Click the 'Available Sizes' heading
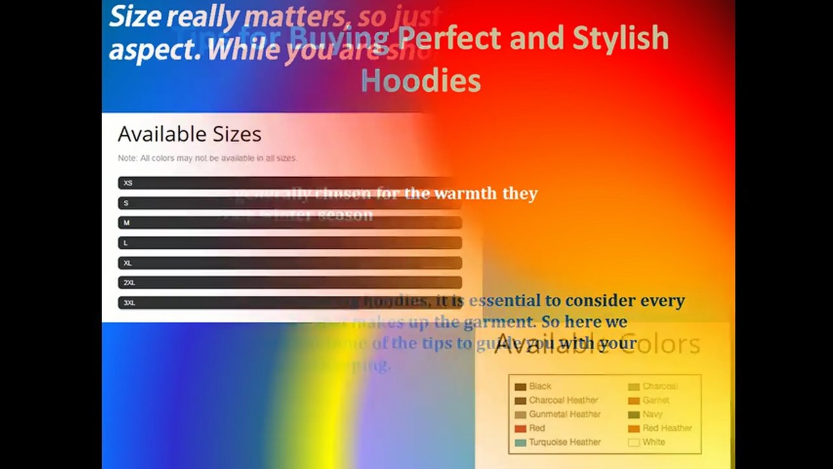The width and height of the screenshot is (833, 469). point(189,134)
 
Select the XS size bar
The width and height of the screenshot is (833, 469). point(290,183)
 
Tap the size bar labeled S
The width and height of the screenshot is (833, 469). point(290,203)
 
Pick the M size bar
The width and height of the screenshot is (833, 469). point(290,223)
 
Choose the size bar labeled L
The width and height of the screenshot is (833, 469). point(290,243)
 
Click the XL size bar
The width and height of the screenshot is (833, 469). point(290,263)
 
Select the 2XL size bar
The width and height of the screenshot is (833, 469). point(290,283)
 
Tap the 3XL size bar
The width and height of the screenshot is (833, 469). point(290,303)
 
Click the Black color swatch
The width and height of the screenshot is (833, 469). point(520,387)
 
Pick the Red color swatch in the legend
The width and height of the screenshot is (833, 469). point(520,429)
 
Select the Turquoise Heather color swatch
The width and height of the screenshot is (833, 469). point(520,442)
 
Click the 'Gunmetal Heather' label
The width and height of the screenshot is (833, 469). point(564,414)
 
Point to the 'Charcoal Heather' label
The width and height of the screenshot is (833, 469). point(563,401)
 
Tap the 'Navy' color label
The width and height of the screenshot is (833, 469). point(652,414)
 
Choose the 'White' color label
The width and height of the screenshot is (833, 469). point(653,442)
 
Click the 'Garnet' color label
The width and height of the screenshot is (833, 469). point(655,401)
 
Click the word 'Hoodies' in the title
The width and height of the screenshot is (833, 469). point(420,81)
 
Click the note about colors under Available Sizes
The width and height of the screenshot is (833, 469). point(207,158)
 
